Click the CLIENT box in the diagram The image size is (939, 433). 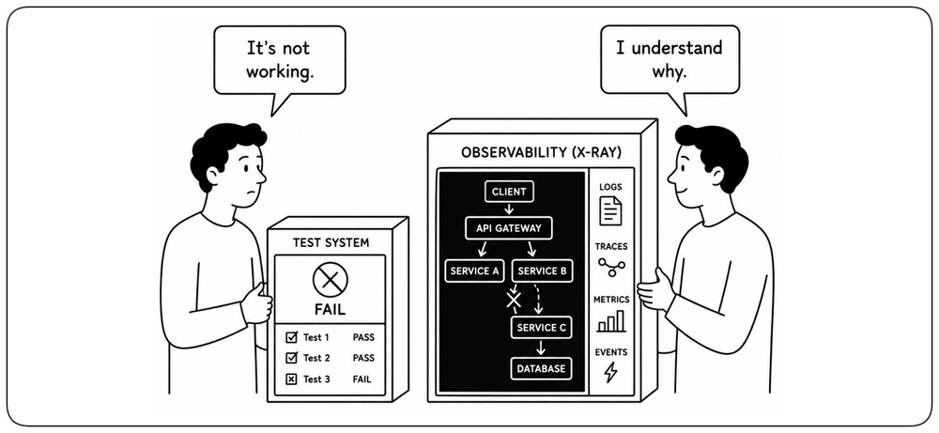508,192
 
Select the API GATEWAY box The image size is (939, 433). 508,228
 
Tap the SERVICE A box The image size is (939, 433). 474,271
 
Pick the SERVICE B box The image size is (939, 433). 542,271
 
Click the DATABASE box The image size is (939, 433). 541,368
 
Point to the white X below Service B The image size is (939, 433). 514,300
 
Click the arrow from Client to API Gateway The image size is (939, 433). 508,209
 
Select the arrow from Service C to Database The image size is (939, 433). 542,348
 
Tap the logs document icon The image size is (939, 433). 610,210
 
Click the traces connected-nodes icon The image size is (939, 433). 611,267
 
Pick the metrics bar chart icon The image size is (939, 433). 611,321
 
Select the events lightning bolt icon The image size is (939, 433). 610,373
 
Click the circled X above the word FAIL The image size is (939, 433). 330,280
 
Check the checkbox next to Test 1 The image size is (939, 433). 292,337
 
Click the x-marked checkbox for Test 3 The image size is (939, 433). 292,379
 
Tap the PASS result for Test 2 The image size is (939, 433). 363,358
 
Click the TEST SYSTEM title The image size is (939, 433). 331,242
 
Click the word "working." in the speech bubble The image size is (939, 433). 280,73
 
